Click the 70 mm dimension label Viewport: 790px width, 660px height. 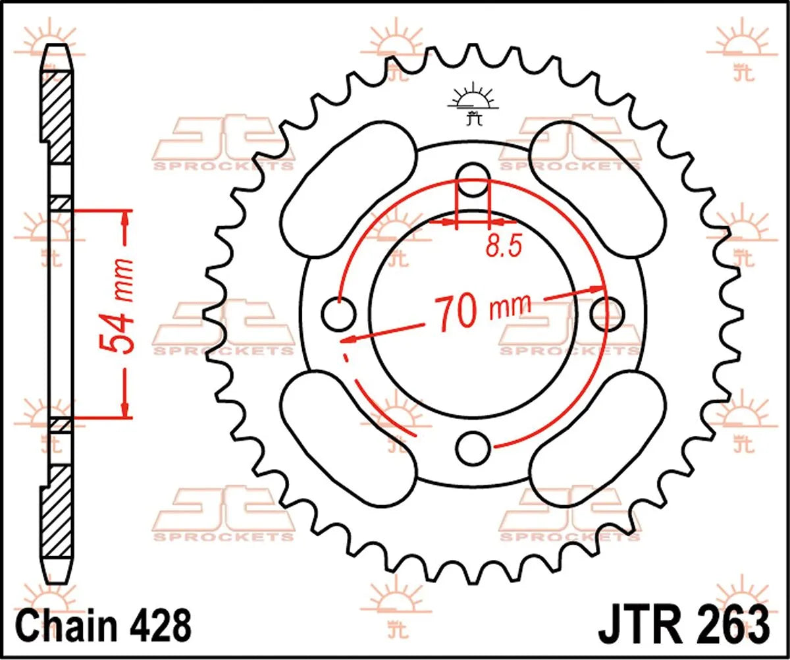click(482, 310)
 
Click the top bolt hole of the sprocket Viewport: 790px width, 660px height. click(473, 179)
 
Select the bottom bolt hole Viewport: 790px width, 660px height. click(473, 449)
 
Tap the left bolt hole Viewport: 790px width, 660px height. click(339, 314)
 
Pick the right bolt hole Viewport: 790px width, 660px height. click(607, 314)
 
